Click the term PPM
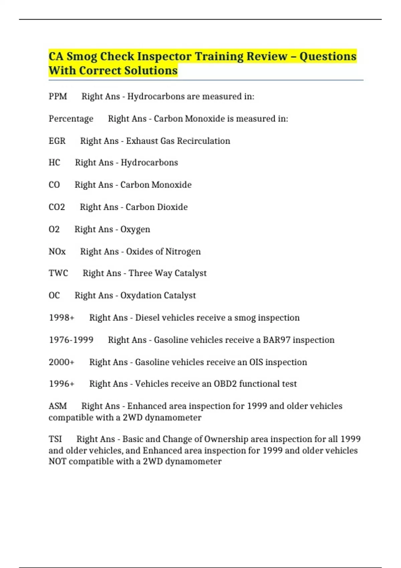58,97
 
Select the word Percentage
71,119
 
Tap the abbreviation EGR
57,141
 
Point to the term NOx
57,252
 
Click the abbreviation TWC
58,273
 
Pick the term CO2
57,207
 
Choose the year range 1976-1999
71,340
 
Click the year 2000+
61,362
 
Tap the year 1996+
61,384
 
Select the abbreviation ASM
58,406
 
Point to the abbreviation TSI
55,439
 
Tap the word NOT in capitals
57,461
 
